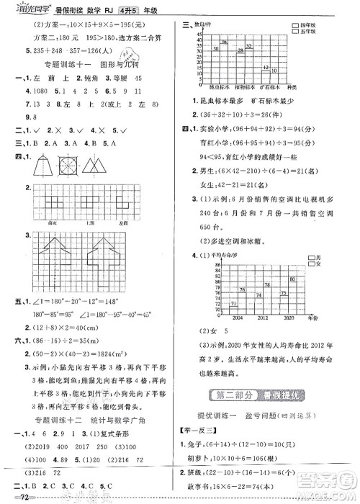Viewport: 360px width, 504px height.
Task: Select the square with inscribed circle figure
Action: [x=66, y=163]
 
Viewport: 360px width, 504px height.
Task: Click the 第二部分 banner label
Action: [x=228, y=374]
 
